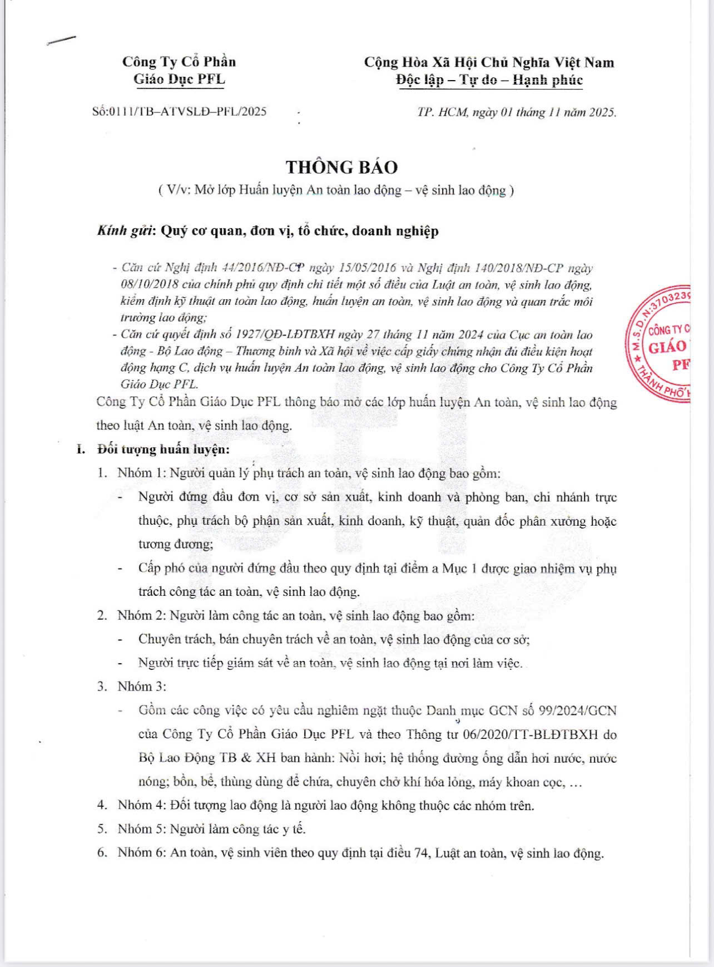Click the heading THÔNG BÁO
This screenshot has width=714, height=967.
point(341,167)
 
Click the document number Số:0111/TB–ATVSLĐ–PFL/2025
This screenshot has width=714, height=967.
point(180,112)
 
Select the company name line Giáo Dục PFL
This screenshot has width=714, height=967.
point(179,80)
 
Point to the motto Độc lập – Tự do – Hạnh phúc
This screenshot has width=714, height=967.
point(489,80)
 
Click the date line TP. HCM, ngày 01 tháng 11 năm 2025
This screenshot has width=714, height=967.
point(516,112)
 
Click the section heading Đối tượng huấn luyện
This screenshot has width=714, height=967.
point(163,449)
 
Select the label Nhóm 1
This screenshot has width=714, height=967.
point(140,473)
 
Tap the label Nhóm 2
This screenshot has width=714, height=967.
point(140,615)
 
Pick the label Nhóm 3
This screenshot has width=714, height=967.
point(140,687)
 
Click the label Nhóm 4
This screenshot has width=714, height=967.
point(140,805)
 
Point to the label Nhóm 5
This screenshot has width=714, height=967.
point(140,829)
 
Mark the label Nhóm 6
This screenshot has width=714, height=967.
point(140,853)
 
